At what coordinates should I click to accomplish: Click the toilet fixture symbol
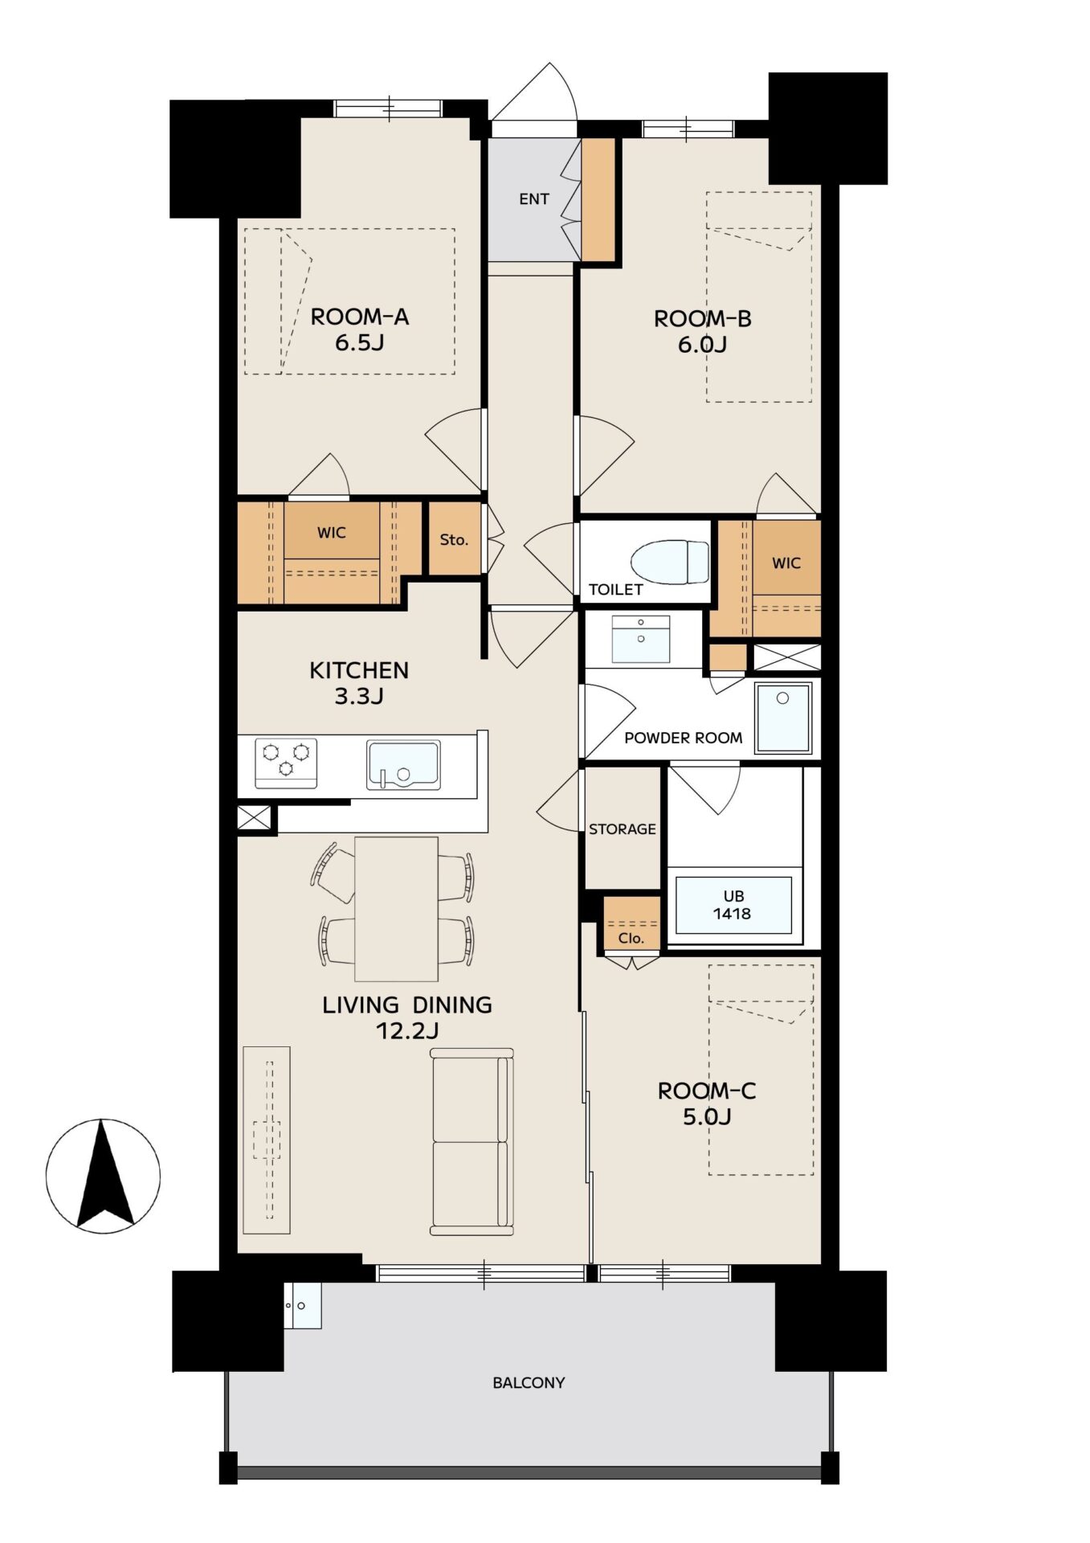coord(670,561)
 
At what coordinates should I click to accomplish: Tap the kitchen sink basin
coord(403,764)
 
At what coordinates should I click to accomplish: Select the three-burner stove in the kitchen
coord(286,763)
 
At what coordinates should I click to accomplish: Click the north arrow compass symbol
coord(103,1176)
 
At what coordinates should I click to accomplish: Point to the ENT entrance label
coord(534,199)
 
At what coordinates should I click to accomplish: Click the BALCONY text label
coord(529,1382)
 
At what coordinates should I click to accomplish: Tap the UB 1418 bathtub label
coord(732,905)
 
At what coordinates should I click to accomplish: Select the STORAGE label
coord(623,829)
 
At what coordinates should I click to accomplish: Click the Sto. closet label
coord(454,540)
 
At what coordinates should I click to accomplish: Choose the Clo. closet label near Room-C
coord(631,938)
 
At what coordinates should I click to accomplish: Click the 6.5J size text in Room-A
coord(360,342)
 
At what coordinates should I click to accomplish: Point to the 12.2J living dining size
coord(407,1030)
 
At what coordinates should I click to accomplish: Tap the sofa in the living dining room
coord(472,1141)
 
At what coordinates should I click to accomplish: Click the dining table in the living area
coord(397,909)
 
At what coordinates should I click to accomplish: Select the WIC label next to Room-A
coord(332,532)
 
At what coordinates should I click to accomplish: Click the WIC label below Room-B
coord(786,563)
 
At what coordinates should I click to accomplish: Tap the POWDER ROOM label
coord(684,738)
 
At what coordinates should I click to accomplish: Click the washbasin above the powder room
coord(641,639)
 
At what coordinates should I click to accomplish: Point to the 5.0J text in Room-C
coord(707,1116)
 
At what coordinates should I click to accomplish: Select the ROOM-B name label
coord(703,319)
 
